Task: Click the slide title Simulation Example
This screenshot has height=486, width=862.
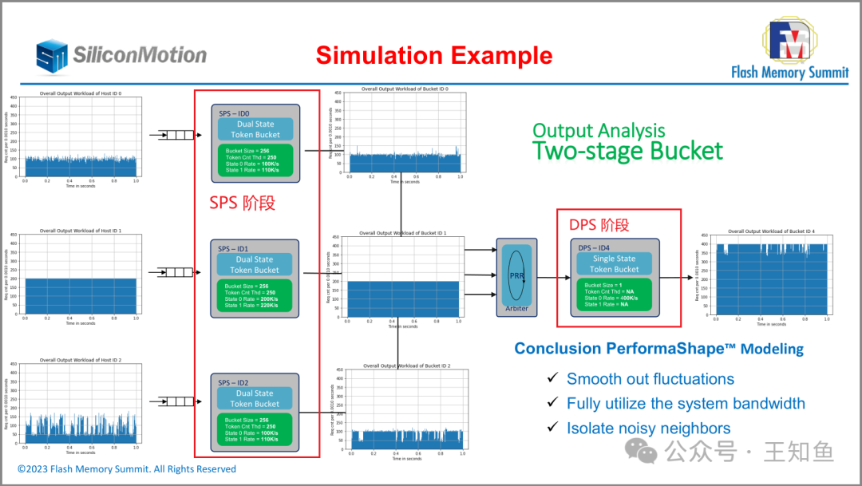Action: tap(433, 56)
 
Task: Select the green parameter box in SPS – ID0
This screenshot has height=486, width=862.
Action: tap(255, 160)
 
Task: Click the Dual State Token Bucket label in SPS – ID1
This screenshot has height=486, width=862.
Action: tap(255, 264)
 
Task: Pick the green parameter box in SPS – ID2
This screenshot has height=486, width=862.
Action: tap(255, 429)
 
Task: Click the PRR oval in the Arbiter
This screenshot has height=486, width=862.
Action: tap(516, 275)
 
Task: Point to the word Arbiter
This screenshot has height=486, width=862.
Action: tap(516, 308)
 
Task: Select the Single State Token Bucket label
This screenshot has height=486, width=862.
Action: tap(614, 264)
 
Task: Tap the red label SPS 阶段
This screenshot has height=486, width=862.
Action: tap(242, 203)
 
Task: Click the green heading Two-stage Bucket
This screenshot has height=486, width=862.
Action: tap(627, 151)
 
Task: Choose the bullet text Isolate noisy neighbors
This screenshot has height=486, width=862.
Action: tap(648, 428)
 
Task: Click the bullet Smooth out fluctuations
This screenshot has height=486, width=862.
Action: tap(650, 379)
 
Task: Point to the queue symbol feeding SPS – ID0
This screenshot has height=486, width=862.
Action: tap(176, 135)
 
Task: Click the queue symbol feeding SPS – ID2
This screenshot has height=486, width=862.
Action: tap(176, 401)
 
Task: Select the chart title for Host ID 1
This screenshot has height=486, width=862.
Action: tap(81, 231)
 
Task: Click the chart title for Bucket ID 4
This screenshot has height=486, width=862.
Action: tap(765, 231)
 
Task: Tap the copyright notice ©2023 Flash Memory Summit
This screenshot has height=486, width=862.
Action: tap(127, 469)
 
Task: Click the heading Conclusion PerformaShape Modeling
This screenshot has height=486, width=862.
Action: tap(658, 349)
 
